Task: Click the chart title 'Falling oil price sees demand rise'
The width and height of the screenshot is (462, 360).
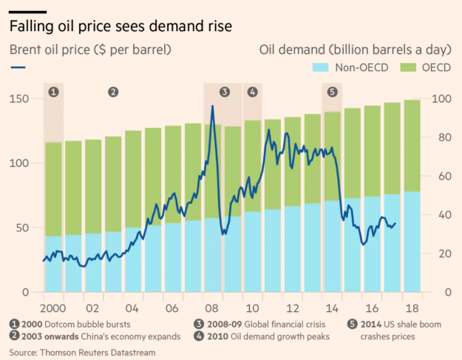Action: tap(120, 26)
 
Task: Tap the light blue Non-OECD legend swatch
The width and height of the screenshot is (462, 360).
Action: tap(320, 67)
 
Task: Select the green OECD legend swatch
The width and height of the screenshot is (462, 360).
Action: tap(408, 67)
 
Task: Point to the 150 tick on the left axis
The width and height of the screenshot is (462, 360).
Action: tap(19, 99)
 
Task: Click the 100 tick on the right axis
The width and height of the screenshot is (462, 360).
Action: tap(441, 99)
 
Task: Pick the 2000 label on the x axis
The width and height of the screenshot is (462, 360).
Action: tap(52, 308)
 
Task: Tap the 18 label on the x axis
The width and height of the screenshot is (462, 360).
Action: tap(412, 308)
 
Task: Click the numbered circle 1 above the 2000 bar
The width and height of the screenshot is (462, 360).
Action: tap(53, 92)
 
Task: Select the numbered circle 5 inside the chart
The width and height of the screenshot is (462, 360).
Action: tap(332, 92)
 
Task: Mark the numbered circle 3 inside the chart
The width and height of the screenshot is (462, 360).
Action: tap(225, 92)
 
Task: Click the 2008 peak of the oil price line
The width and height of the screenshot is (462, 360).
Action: tap(212, 106)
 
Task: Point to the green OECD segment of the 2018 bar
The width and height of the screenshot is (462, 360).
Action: tap(412, 146)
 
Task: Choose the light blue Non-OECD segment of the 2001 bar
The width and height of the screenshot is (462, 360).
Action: tap(73, 263)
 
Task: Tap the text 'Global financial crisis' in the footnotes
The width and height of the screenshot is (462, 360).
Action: tap(285, 325)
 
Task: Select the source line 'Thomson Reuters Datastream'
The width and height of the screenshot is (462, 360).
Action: tap(98, 353)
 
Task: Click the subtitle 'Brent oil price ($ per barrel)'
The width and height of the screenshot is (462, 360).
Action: tap(90, 50)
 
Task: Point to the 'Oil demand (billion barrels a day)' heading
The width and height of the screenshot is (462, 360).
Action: tap(356, 50)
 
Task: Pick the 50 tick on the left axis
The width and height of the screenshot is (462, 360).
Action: tap(22, 228)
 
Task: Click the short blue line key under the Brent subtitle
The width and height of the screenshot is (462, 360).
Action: tap(18, 67)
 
